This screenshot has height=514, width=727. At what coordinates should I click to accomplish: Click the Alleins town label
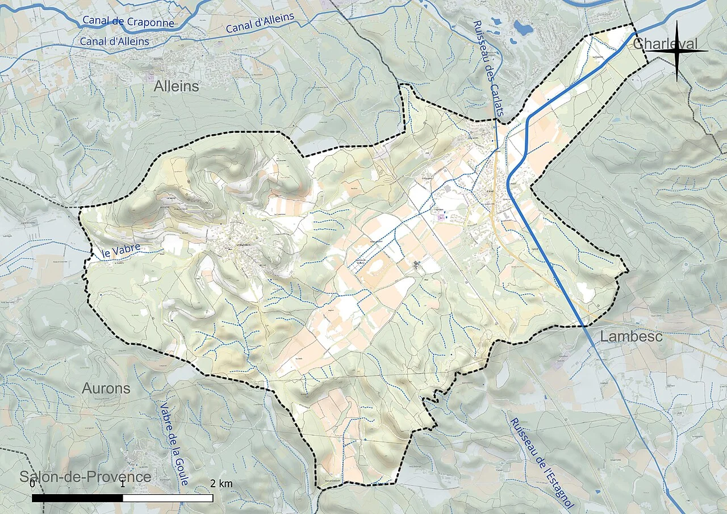[177, 87]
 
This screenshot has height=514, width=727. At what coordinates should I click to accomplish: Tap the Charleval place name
[665, 44]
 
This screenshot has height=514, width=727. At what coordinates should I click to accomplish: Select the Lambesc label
[631, 336]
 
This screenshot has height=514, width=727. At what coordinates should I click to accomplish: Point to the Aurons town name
[106, 389]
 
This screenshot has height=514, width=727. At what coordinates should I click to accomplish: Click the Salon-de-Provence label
[85, 477]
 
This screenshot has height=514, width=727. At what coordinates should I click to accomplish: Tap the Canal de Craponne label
[128, 22]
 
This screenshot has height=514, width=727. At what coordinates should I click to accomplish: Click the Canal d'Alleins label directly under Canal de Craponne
[114, 41]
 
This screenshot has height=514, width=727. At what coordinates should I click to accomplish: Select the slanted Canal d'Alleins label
[260, 23]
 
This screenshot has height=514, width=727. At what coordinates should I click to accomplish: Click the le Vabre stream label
[121, 251]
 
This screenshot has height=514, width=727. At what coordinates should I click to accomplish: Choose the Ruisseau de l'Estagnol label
[542, 463]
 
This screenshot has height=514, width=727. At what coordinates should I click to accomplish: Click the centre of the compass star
[676, 51]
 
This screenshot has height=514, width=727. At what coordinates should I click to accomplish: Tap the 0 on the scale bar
[32, 484]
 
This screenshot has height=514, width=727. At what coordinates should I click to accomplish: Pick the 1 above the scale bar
[123, 484]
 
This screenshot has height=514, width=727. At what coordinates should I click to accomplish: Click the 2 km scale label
[221, 484]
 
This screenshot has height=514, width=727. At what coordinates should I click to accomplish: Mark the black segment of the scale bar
[77, 498]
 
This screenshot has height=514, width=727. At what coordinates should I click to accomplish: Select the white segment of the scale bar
[168, 498]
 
